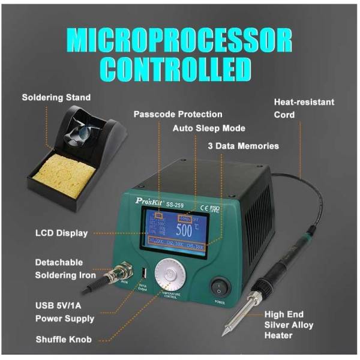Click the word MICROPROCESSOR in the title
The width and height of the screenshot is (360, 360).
(180, 40)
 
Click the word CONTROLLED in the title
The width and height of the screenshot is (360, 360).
(180, 69)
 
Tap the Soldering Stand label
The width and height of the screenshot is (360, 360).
(56, 97)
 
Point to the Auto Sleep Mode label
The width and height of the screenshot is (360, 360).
(209, 128)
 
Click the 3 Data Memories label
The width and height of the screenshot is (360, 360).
(243, 146)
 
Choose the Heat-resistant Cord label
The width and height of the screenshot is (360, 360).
(304, 109)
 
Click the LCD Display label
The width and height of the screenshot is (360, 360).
(61, 233)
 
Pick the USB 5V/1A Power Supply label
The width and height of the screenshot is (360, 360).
(65, 312)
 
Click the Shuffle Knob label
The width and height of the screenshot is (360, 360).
(64, 340)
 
